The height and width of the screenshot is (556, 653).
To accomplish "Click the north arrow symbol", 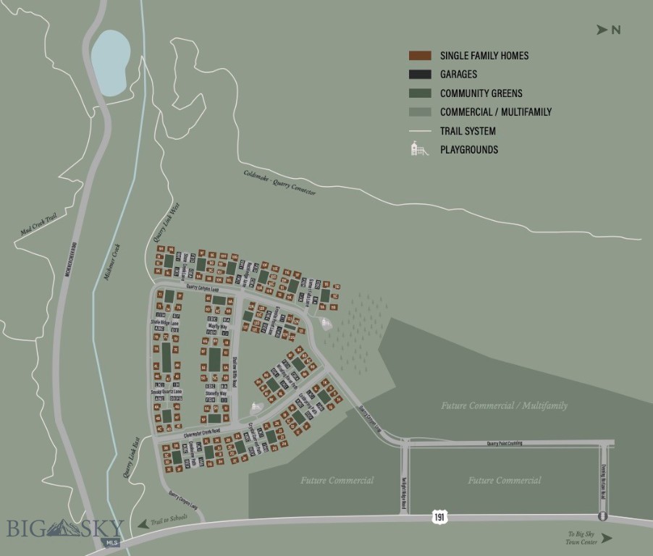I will click(601, 30).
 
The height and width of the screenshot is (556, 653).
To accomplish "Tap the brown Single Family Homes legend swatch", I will click(420, 56).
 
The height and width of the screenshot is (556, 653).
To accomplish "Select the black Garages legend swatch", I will click(420, 75).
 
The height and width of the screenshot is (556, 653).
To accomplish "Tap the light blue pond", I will click(111, 63).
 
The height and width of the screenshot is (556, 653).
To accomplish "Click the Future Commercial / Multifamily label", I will click(504, 406).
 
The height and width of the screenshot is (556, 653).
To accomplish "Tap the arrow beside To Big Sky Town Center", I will click(606, 538).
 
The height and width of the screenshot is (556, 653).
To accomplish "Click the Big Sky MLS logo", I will click(65, 530).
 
